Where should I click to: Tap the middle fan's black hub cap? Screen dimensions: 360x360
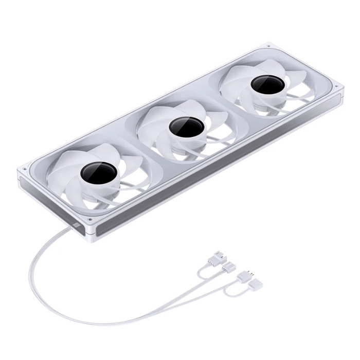(186, 127)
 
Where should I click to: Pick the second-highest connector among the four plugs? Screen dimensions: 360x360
(230, 266)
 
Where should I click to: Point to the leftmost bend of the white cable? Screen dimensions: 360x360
(30, 278)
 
